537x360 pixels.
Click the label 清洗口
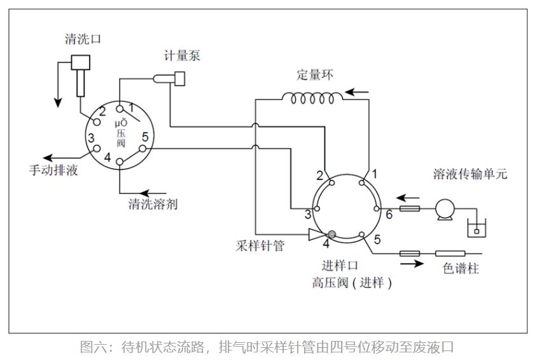click(83, 39)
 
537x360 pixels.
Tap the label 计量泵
click(182, 56)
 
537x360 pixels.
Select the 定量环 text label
click(314, 74)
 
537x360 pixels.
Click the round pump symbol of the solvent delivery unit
click(443, 209)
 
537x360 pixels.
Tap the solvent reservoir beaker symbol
click(474, 228)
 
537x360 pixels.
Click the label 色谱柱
click(461, 269)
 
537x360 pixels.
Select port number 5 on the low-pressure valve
click(145, 137)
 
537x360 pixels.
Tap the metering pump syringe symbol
click(169, 78)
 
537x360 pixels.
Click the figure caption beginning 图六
click(267, 347)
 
